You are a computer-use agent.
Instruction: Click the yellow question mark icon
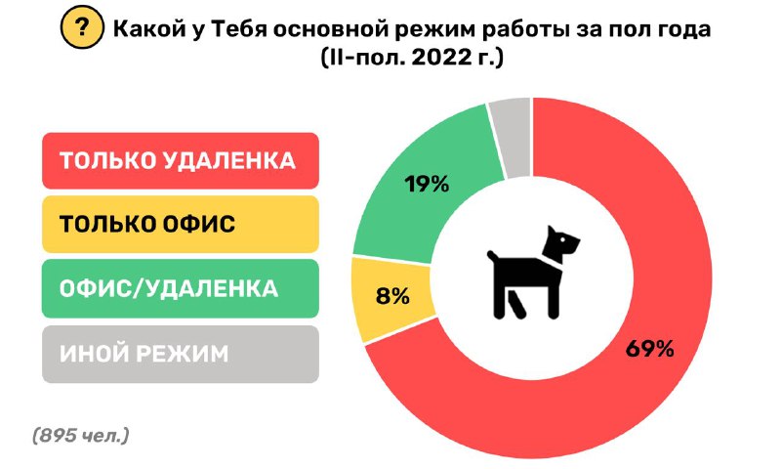(82, 28)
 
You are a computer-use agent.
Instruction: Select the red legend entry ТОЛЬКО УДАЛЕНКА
(181, 160)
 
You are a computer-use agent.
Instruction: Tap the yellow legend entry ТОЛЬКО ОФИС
(181, 224)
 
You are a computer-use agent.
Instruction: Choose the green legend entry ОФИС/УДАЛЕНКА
(181, 288)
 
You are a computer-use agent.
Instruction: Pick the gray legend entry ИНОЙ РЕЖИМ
(181, 354)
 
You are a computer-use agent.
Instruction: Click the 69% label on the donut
(649, 349)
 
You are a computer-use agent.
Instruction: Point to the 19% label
(427, 184)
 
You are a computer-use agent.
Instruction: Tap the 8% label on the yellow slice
(392, 296)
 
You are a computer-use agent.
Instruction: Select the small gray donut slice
(510, 137)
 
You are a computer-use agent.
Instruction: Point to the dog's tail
(493, 258)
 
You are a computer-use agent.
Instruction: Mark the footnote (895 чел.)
(81, 436)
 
